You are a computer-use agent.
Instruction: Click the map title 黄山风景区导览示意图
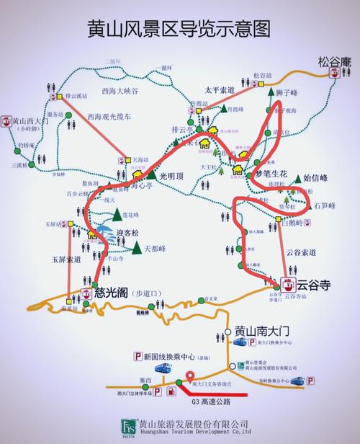click(180, 29)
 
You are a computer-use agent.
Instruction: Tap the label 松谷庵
click(335, 62)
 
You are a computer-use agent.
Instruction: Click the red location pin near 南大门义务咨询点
click(190, 376)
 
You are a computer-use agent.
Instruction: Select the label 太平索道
click(219, 90)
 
